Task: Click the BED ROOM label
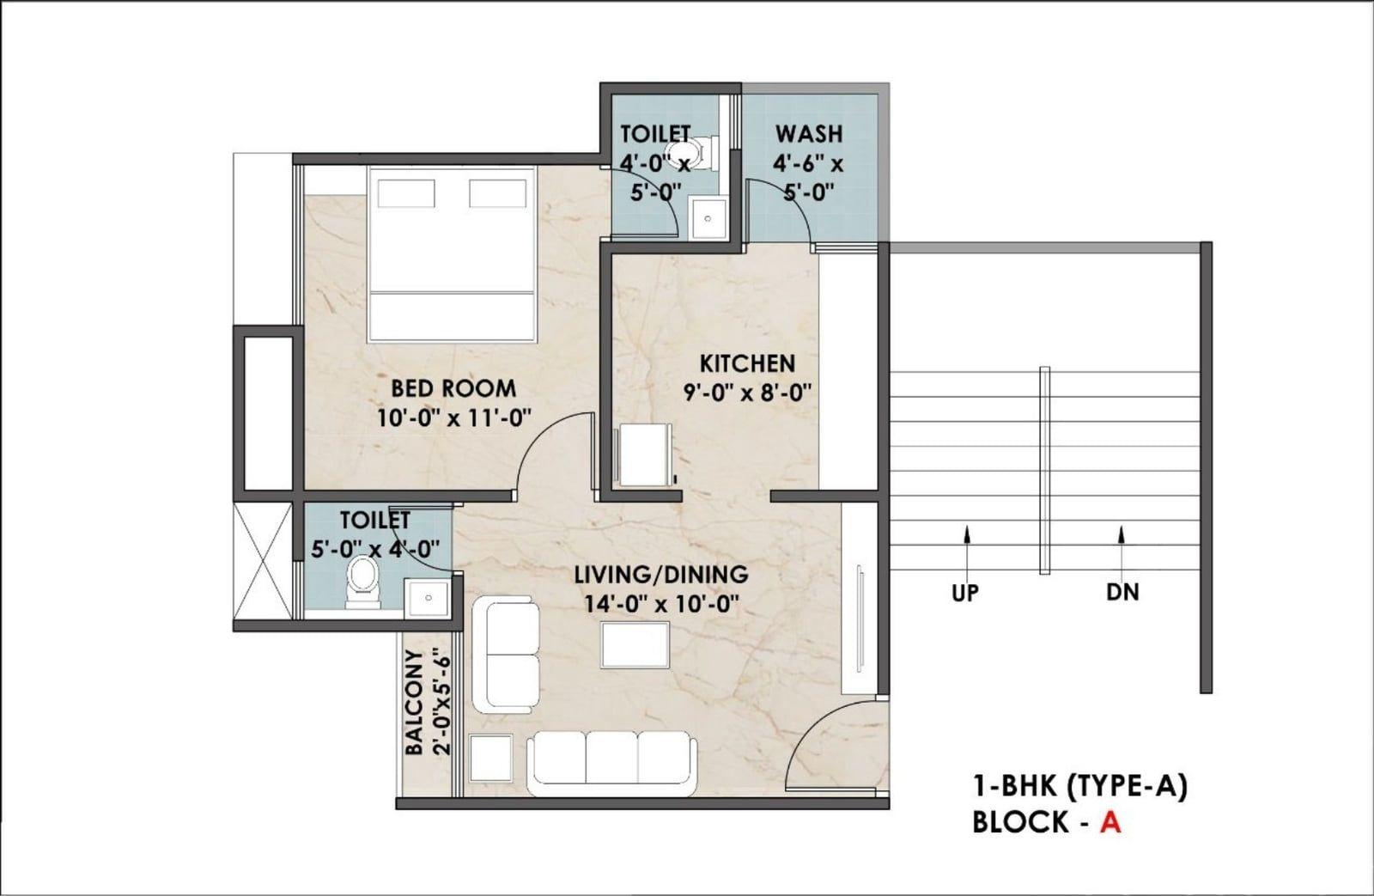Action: [x=453, y=388]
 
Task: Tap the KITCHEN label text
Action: [x=747, y=363]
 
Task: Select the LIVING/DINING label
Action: [x=661, y=575]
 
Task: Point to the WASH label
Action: [x=808, y=134]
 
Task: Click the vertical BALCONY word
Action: [x=415, y=702]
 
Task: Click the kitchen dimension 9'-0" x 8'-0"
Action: [x=748, y=392]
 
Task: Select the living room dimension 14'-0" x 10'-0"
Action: [x=660, y=604]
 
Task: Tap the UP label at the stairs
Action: [x=965, y=593]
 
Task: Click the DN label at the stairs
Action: [x=1122, y=592]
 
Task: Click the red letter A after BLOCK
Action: [x=1110, y=822]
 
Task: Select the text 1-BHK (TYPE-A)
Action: [x=1079, y=787]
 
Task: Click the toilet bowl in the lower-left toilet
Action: [x=362, y=582]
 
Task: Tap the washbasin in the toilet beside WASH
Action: [x=708, y=218]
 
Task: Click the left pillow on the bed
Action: [x=406, y=193]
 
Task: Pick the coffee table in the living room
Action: [x=635, y=644]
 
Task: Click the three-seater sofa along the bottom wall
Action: [x=612, y=764]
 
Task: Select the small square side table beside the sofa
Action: [x=490, y=758]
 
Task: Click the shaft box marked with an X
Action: [x=264, y=562]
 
